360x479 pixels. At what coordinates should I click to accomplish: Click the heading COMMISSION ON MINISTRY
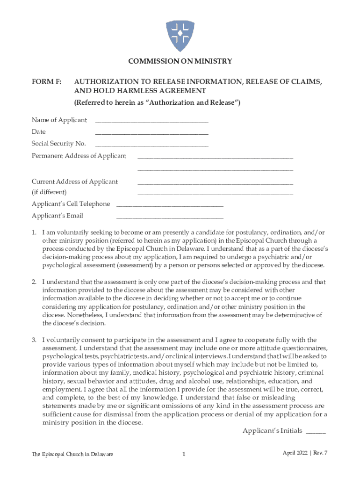point(180,61)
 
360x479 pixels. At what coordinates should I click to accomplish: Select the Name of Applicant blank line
point(151,121)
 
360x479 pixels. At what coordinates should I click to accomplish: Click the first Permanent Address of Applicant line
point(215,157)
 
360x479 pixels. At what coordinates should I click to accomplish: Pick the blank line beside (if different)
point(215,193)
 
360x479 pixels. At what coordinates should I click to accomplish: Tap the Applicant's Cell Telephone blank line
point(169,204)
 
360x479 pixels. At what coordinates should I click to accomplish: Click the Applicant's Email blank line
point(169,217)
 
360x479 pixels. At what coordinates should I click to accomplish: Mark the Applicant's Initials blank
point(316,432)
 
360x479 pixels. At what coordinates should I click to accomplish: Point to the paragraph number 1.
point(34,232)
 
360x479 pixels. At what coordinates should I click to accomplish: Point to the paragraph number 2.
point(34,282)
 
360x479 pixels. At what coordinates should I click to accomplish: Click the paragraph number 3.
point(34,340)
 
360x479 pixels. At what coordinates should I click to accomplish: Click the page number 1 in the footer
point(184,454)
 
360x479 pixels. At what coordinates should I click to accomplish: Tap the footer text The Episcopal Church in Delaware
point(72,454)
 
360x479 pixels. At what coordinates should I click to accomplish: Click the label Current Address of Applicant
point(74,181)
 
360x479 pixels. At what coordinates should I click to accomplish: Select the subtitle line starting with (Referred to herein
point(158,103)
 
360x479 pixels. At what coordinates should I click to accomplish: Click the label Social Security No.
point(58,144)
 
